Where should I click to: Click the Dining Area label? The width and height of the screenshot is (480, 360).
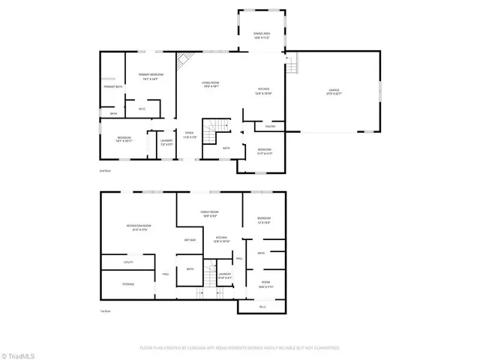(x=261, y=35)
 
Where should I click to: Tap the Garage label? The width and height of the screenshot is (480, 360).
(x=334, y=91)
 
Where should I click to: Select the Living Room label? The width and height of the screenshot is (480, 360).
(x=209, y=84)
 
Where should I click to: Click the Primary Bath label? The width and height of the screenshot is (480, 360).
(x=113, y=87)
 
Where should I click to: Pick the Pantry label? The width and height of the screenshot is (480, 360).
(x=270, y=126)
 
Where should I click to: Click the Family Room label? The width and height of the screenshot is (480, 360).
(x=209, y=214)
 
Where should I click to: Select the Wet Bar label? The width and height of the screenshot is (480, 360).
(x=190, y=240)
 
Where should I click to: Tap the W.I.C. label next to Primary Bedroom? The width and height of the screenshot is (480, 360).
(x=140, y=109)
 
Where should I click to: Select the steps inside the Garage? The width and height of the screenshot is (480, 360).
(x=293, y=66)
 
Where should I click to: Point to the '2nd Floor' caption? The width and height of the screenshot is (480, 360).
(x=105, y=172)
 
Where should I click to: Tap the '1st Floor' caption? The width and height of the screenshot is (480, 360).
(x=106, y=311)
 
